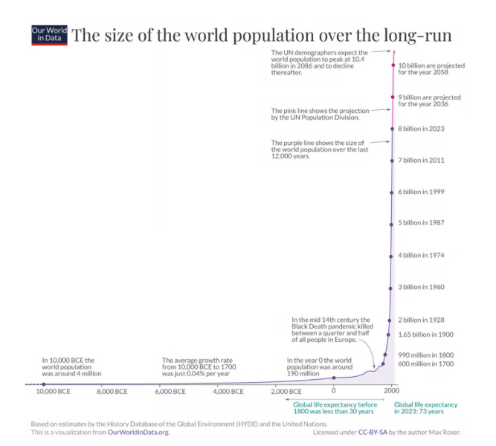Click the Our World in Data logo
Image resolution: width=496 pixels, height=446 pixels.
[48, 36]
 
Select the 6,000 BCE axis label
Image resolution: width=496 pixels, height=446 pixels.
[170, 390]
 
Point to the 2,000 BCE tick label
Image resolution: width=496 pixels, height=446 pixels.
[285, 390]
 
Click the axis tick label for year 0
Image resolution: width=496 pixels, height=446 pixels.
[334, 390]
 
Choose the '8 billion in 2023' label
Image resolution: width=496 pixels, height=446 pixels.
[422, 129]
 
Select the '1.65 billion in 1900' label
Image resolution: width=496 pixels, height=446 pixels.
[426, 334]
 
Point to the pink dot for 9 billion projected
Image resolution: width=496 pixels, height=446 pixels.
[393, 97]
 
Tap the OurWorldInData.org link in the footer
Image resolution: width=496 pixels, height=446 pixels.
[139, 432]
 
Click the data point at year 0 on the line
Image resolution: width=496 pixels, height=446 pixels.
[334, 378]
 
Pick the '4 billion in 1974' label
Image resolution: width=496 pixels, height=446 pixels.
[422, 255]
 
